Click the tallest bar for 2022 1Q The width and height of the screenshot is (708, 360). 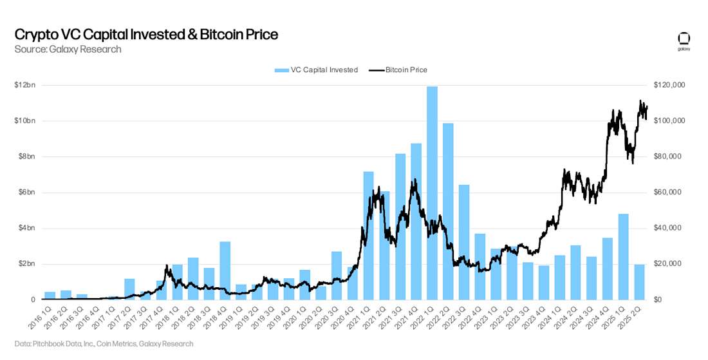tap(433, 193)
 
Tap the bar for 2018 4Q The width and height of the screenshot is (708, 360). tap(225, 270)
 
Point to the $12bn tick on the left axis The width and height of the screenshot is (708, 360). tap(26, 85)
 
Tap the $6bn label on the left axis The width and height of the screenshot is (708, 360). tap(26, 193)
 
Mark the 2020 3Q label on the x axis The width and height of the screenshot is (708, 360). tap(331, 316)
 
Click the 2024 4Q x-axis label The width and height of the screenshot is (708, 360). tap(602, 316)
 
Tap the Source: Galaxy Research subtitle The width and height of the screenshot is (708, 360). tap(68, 49)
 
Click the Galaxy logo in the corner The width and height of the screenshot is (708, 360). tap(684, 39)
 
